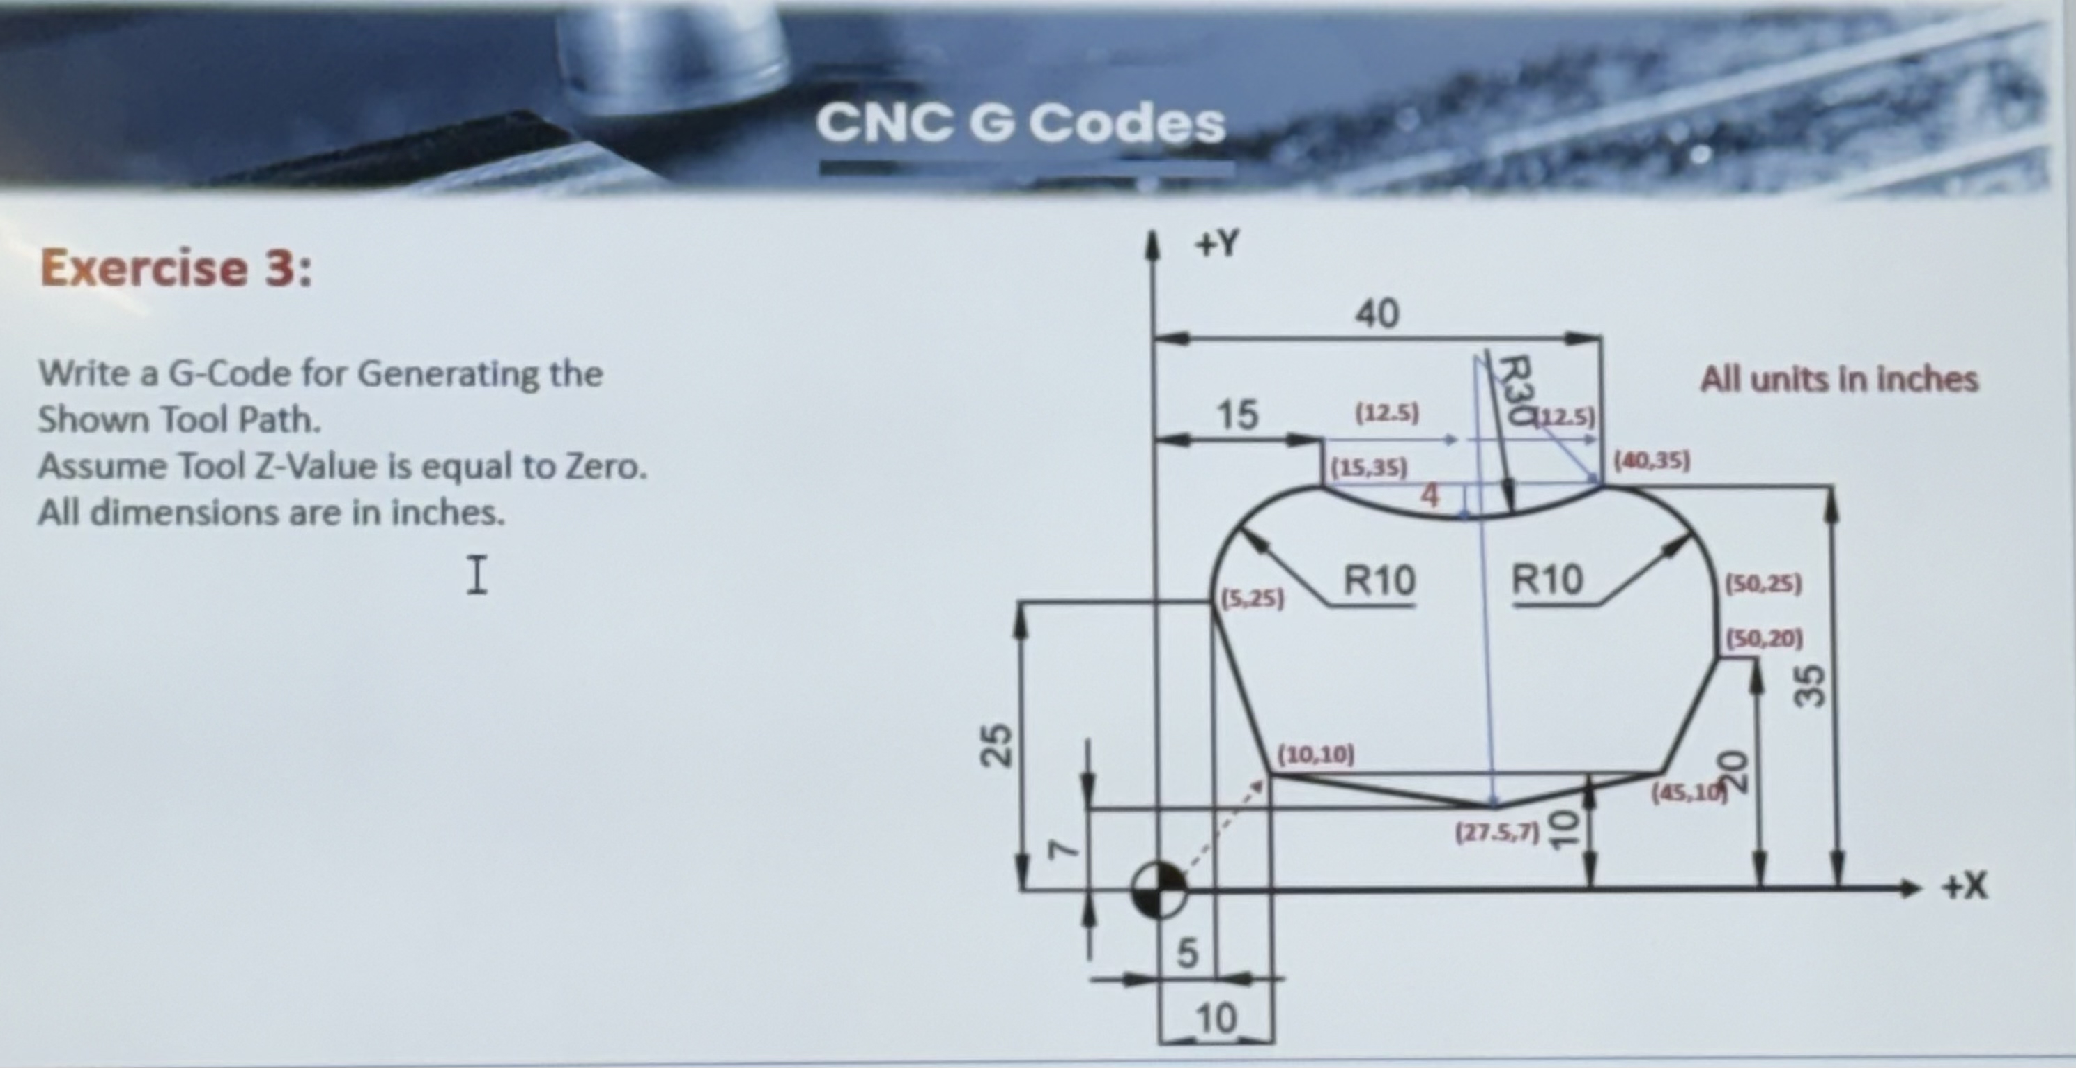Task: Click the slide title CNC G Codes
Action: pos(1021,124)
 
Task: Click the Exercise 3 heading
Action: pos(176,268)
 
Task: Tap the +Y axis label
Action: pos(1216,243)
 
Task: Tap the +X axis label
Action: pos(1965,887)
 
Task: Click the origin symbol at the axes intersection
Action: pos(1158,889)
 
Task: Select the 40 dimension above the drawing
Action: pos(1377,313)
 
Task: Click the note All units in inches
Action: pos(1839,379)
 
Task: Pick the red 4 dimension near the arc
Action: pos(1429,496)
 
